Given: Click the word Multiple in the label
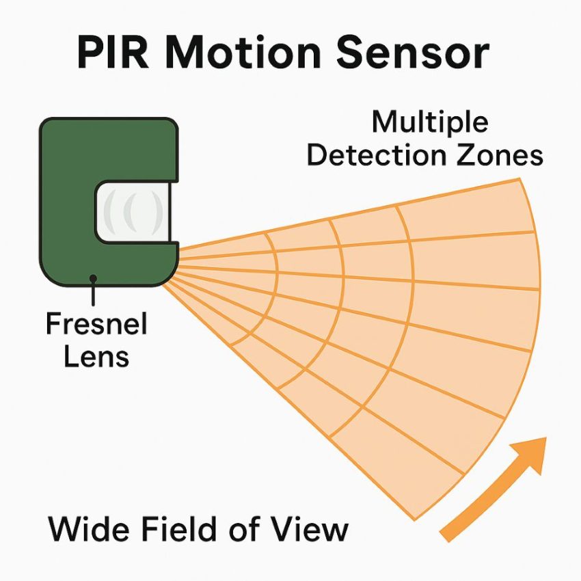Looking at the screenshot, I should click(x=430, y=124).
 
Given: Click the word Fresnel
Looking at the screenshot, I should click(x=96, y=323).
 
